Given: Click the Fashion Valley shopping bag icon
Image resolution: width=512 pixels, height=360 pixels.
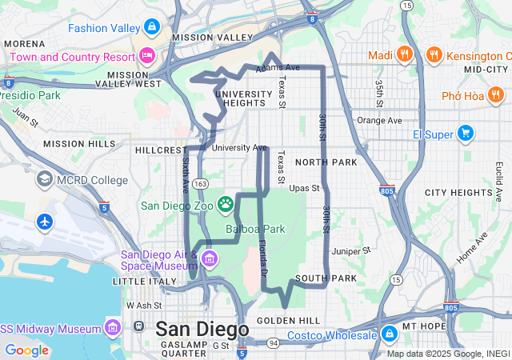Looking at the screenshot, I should pos(151,27).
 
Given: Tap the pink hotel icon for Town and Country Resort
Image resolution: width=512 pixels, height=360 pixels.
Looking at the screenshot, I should pos(146,56).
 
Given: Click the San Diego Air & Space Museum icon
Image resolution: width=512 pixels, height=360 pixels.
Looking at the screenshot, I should pos(210,258).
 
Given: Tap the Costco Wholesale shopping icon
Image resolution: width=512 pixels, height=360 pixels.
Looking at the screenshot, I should pos(389,334).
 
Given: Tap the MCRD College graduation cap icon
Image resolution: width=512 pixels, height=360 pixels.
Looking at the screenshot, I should pos(45,178).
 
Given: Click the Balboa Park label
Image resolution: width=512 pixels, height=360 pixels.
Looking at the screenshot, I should pos(255,229).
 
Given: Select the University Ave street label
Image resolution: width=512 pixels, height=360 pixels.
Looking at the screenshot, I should pos(239,147).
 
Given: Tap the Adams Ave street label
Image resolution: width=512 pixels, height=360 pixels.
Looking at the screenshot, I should pos(277,69).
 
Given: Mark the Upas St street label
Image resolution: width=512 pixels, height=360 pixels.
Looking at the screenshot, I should pos(304,189).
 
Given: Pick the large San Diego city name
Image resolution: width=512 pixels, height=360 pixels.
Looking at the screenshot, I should pos(202,329).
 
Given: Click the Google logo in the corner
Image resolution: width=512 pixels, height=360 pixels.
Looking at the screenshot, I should pos(26,350).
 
